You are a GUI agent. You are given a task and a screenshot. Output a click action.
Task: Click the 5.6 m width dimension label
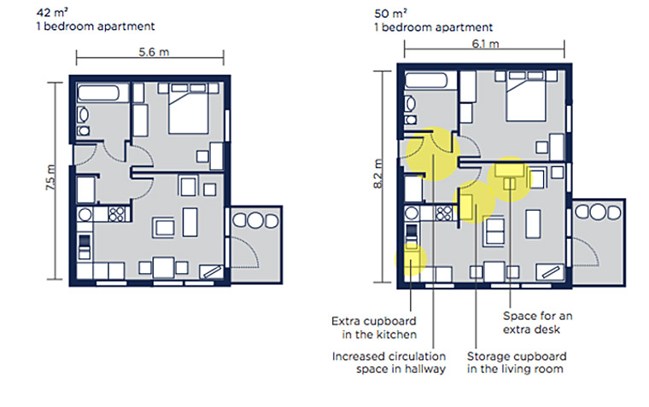153,52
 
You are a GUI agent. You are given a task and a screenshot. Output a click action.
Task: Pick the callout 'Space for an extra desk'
537,322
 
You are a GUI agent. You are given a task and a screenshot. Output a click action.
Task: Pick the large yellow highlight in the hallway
432,154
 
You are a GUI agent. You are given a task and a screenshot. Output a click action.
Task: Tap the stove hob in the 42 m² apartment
116,213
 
